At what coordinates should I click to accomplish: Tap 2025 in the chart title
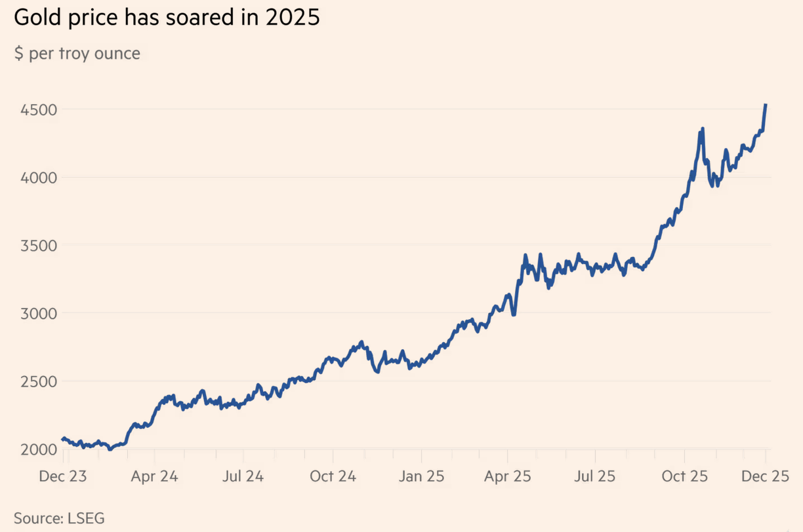click(293, 18)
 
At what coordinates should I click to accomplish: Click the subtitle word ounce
click(117, 53)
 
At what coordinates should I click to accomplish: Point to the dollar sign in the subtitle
click(18, 53)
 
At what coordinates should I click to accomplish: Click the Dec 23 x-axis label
click(62, 476)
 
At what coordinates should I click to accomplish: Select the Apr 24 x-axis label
click(155, 476)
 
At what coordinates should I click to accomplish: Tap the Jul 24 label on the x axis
click(243, 476)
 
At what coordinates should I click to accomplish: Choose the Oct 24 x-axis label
click(333, 476)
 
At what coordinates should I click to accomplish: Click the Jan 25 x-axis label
click(421, 476)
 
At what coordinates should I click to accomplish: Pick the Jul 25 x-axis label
click(594, 476)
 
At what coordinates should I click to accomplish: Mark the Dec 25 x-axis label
click(766, 476)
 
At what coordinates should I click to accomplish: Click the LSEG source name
click(86, 518)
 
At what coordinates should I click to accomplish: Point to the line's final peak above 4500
click(766, 105)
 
